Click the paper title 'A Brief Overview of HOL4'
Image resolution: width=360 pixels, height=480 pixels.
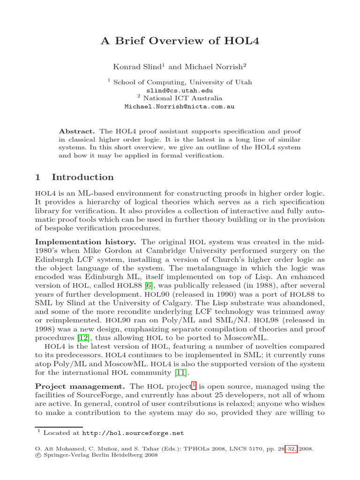tap(180, 41)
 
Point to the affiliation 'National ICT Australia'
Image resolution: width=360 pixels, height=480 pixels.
tap(183, 98)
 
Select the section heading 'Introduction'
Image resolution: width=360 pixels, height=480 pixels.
tap(82, 177)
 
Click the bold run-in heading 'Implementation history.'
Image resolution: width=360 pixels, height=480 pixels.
tap(86, 242)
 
